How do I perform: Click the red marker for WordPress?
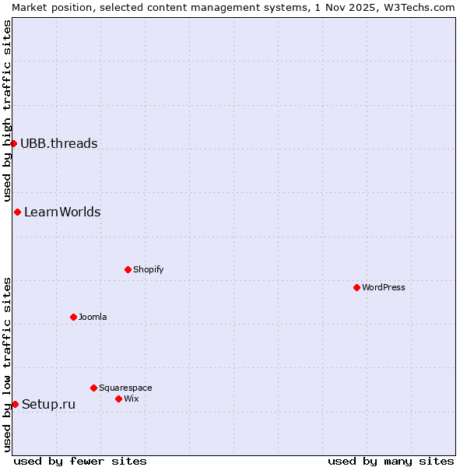point(356,287)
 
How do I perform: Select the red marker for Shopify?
point(128,269)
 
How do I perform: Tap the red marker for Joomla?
point(73,317)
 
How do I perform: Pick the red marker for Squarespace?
point(93,388)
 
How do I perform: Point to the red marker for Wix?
point(118,399)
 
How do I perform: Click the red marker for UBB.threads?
point(13,143)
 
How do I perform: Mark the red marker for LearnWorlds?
point(17,212)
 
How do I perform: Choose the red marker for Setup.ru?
point(15,404)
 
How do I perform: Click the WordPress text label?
point(384,287)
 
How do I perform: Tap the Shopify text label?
point(149,269)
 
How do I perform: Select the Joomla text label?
point(93,317)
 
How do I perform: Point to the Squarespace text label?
point(125,388)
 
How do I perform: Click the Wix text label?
point(132,399)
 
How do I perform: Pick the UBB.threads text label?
point(59,143)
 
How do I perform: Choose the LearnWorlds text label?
point(62,212)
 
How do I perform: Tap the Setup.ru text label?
point(49,404)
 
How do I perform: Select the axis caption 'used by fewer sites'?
point(80,461)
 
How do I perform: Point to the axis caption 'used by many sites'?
point(391,461)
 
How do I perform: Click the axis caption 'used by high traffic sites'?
point(7,111)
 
